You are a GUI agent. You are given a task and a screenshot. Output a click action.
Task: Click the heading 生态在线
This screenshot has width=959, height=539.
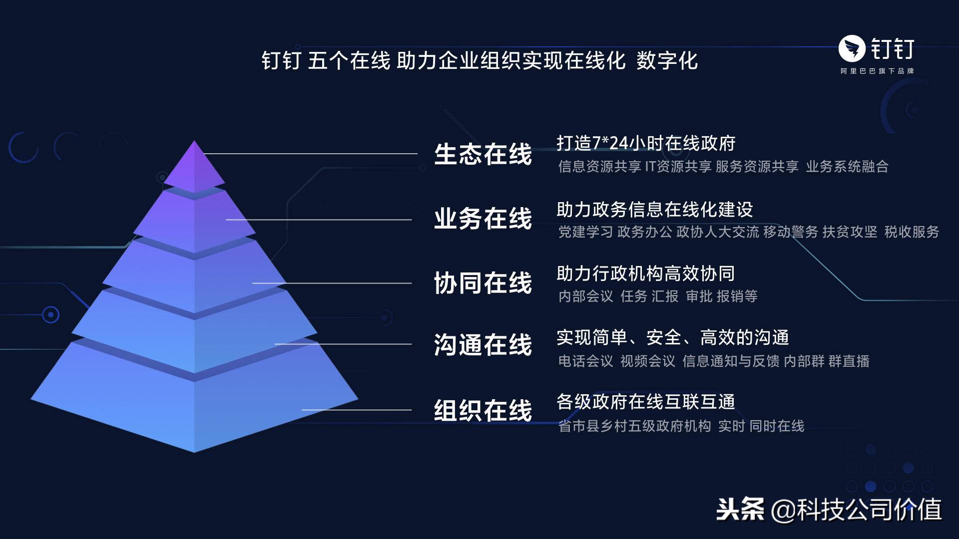(x=483, y=154)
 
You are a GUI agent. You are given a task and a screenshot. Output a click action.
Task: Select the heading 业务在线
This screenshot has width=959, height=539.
(x=483, y=219)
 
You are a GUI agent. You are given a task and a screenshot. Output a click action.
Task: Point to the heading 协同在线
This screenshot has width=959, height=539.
(x=483, y=283)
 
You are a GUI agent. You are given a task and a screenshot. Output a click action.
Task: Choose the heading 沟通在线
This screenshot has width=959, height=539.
(x=483, y=345)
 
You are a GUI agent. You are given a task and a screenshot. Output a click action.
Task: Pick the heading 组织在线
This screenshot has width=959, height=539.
(x=483, y=411)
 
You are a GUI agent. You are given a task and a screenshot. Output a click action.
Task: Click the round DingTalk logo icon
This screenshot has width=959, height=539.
(x=852, y=49)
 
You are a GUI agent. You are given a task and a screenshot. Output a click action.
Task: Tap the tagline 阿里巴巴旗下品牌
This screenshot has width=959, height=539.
(x=877, y=71)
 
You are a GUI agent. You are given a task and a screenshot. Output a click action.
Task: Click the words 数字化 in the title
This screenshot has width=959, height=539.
(x=667, y=61)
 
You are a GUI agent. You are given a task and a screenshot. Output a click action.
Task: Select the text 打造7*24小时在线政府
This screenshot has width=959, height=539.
(x=646, y=143)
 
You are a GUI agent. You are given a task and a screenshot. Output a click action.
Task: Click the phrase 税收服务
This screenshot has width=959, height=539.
(x=912, y=232)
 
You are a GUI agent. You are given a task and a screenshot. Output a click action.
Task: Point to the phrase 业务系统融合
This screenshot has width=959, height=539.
(x=847, y=167)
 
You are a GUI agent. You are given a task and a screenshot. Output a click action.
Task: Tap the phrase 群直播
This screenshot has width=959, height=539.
(x=849, y=361)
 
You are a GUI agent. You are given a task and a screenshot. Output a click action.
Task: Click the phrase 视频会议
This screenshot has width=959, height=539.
(x=648, y=361)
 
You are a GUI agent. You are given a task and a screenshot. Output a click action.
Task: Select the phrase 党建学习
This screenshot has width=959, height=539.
(x=585, y=232)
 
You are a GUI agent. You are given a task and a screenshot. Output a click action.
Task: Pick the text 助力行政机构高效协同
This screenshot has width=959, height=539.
(x=646, y=273)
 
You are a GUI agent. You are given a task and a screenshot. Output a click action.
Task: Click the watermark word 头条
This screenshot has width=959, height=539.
(x=740, y=510)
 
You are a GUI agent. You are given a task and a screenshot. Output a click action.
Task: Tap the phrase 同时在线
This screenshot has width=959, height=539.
(x=777, y=426)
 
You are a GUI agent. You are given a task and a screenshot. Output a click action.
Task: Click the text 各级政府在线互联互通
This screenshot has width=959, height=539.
(x=646, y=402)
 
